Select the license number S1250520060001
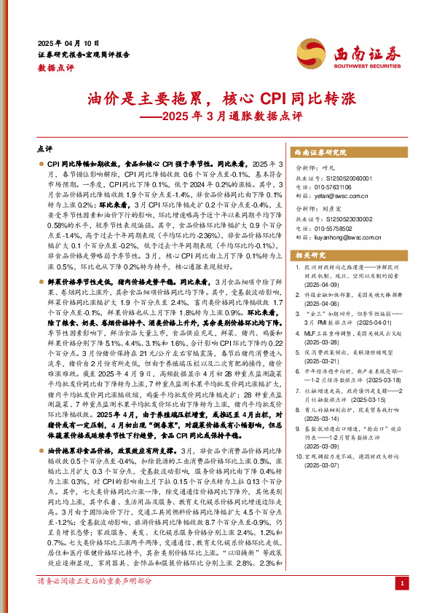click(x=346, y=176)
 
